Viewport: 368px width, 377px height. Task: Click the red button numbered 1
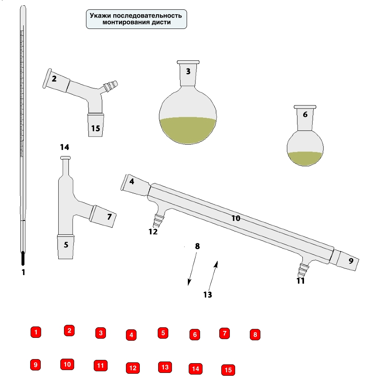click(x=36, y=332)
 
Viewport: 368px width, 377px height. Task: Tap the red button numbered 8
click(x=255, y=335)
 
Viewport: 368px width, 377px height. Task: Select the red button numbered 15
click(x=228, y=370)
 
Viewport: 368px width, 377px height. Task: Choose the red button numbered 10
click(x=67, y=364)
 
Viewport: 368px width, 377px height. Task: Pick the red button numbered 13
click(x=165, y=367)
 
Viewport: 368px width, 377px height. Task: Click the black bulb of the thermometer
click(x=23, y=258)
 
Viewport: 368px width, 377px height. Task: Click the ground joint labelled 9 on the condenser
click(x=348, y=260)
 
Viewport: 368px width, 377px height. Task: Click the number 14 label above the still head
click(x=65, y=147)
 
